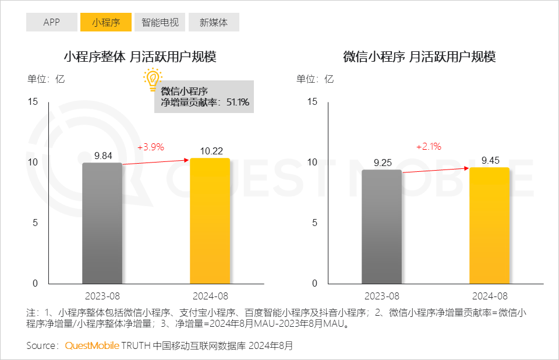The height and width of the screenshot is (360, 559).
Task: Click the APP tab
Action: tap(51, 22)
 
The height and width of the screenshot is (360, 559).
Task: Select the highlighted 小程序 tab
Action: tap(106, 22)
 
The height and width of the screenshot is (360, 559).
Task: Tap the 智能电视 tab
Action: tap(160, 22)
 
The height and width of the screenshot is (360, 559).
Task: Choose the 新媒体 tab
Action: tap(214, 22)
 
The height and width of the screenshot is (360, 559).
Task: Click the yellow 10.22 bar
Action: tap(210, 221)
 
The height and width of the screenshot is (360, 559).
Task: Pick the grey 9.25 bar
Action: tap(382, 227)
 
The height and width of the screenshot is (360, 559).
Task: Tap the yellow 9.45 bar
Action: tap(490, 225)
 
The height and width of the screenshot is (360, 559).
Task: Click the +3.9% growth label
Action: tap(150, 147)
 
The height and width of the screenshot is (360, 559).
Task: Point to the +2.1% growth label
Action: tap(429, 147)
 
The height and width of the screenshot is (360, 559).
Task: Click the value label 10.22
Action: tap(211, 151)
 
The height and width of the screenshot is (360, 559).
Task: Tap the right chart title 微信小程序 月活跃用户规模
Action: tap(419, 57)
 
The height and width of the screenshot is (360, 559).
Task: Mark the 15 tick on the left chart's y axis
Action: tap(33, 102)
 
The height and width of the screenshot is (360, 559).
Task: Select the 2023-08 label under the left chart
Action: tap(102, 297)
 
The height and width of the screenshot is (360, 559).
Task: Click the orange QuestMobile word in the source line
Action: tap(92, 345)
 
